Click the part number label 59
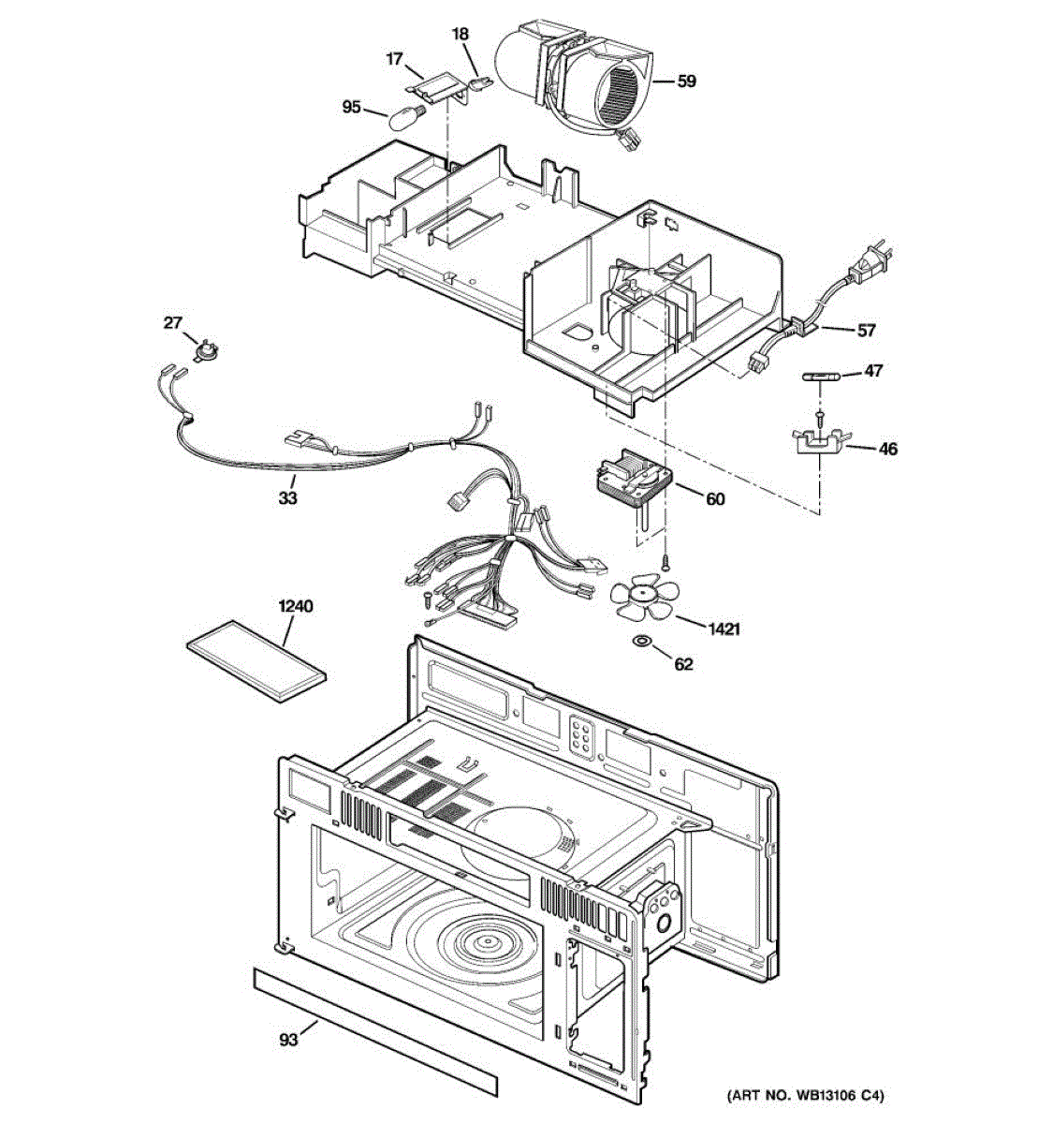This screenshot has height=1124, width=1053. point(686,81)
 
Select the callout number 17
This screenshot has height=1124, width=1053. point(394,59)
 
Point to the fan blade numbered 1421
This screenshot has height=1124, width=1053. point(639,599)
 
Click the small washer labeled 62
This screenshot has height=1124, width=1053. point(643,641)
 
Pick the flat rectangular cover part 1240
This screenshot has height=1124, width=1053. point(256,661)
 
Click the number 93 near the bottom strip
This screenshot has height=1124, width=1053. point(288,1039)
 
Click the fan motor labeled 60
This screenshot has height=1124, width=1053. point(632,482)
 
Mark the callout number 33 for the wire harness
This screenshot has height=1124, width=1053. point(287,498)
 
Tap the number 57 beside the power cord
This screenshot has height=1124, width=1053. point(866,331)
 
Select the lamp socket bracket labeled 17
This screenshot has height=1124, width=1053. point(437,90)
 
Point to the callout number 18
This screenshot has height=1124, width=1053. point(460,35)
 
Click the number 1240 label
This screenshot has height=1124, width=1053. point(296,606)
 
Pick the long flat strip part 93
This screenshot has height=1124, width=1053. point(374,1028)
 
